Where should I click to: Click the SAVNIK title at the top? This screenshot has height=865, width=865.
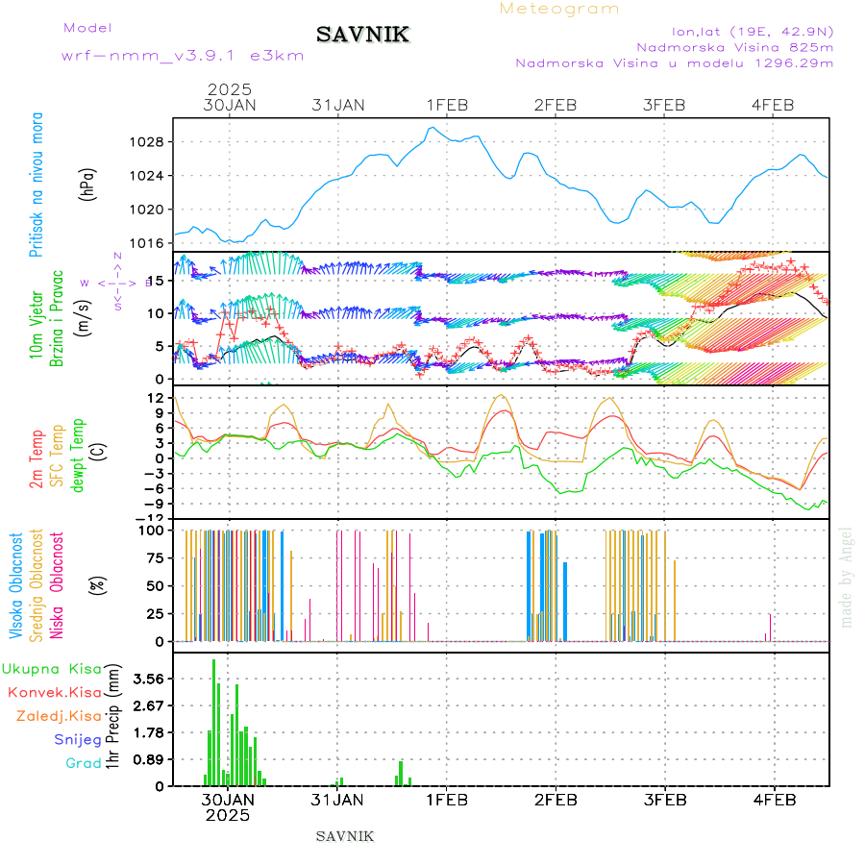tap(363, 36)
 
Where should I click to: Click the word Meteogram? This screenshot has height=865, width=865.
tap(559, 9)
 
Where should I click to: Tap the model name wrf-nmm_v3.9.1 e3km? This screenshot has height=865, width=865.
tap(183, 56)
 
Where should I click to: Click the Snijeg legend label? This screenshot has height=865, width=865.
tap(78, 739)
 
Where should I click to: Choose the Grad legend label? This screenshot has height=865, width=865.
tap(84, 763)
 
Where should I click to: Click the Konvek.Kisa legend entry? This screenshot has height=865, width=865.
tap(55, 692)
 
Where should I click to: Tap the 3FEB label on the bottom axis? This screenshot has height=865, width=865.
tap(664, 800)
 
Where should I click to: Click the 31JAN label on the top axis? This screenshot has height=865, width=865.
tap(338, 105)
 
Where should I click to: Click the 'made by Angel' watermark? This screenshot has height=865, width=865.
tap(847, 577)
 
